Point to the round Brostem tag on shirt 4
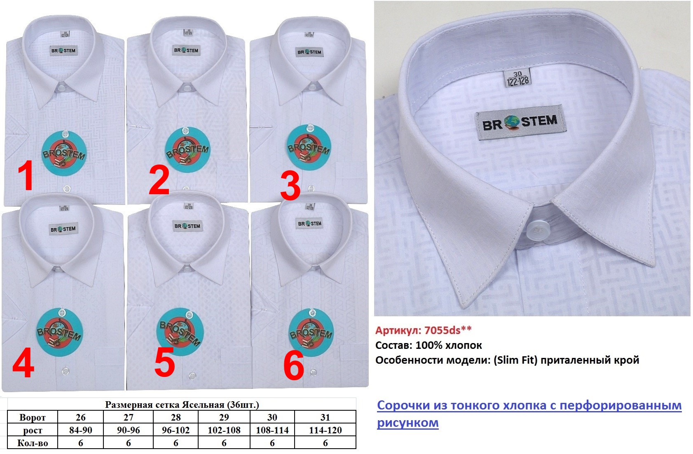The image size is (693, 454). coord(60,332)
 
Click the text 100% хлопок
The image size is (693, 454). coord(449,345)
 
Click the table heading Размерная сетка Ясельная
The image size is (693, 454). coord(182,405)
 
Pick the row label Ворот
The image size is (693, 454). coord(33,417)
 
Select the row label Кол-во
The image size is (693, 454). coord(33,443)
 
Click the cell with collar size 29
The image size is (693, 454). coord(224,417)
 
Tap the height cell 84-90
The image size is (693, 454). coord(81,430)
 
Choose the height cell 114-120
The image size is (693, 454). coord(325,430)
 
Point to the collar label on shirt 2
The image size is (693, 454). coord(186,50)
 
